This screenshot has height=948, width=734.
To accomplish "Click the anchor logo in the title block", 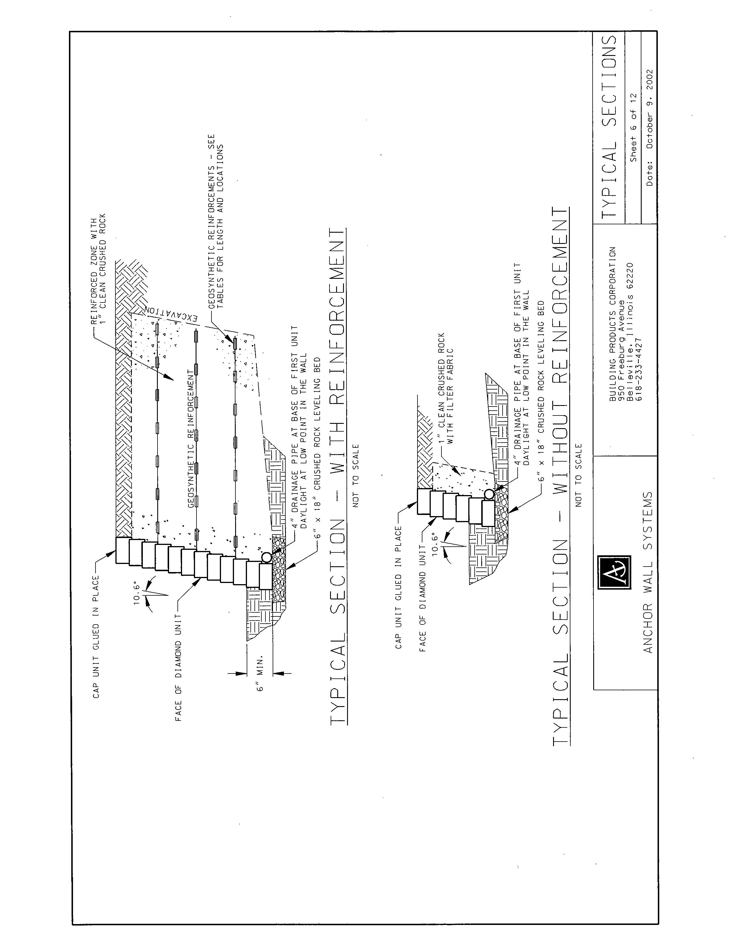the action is pos(614,572).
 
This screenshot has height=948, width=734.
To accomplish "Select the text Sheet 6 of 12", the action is pos(634,128).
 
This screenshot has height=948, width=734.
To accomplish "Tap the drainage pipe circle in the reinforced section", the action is pos(266,557).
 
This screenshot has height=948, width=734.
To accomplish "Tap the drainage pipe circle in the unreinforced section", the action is pos(489,494).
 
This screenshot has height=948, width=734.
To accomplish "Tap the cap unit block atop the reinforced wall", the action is pos(123,550).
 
